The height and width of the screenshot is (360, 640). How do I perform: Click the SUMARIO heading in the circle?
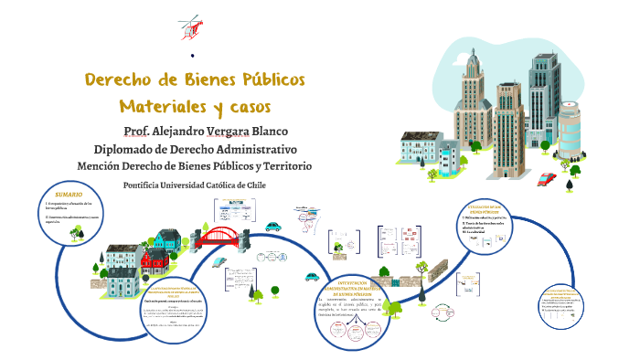pyautogui.click(x=69, y=196)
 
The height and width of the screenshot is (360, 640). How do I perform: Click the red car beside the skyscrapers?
pyautogui.click(x=547, y=179)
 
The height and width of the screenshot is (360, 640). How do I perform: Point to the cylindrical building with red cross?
pyautogui.click(x=570, y=128)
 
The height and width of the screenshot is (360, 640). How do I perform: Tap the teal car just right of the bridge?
pyautogui.click(x=272, y=227)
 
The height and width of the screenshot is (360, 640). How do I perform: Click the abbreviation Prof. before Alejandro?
pyautogui.click(x=137, y=131)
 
